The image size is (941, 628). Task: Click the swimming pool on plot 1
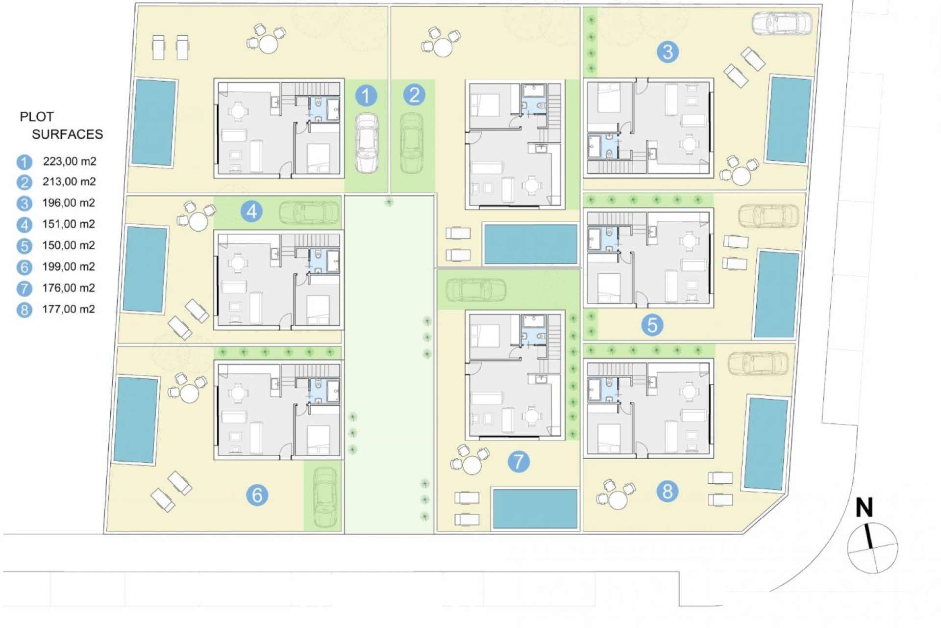pyautogui.click(x=154, y=122)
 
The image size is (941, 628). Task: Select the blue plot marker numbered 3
pyautogui.click(x=667, y=52)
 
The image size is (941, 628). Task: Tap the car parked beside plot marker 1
pyautogui.click(x=366, y=143)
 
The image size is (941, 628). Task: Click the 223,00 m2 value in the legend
pyautogui.click(x=69, y=161)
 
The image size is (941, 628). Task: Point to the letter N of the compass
pyautogui.click(x=864, y=508)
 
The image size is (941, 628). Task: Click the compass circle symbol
pyautogui.click(x=872, y=548)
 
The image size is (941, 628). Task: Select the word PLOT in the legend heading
pyautogui.click(x=36, y=117)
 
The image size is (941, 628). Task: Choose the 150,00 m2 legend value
pyautogui.click(x=69, y=245)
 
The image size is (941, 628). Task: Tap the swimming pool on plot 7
pyautogui.click(x=535, y=508)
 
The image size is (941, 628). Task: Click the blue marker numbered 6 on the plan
pyautogui.click(x=257, y=495)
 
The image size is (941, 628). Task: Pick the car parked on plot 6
pyautogui.click(x=324, y=497)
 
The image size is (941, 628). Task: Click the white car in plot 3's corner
pyautogui.click(x=782, y=24)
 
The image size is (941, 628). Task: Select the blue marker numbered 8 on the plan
pyautogui.click(x=668, y=491)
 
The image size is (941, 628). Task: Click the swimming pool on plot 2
pyautogui.click(x=531, y=244)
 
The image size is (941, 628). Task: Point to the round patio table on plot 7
pyautogui.click(x=472, y=465)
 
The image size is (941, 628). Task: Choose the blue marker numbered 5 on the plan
pyautogui.click(x=652, y=325)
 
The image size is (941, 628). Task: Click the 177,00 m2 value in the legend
pyautogui.click(x=69, y=309)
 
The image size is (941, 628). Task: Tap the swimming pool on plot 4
pyautogui.click(x=145, y=269)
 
